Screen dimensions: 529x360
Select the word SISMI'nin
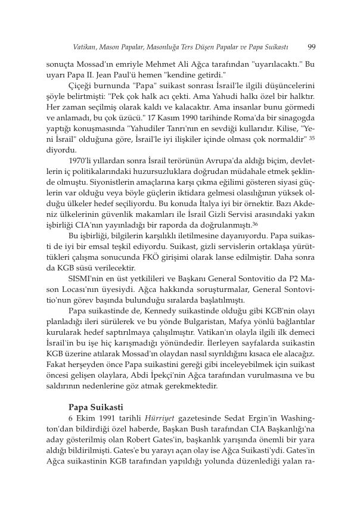(x=88, y=278)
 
